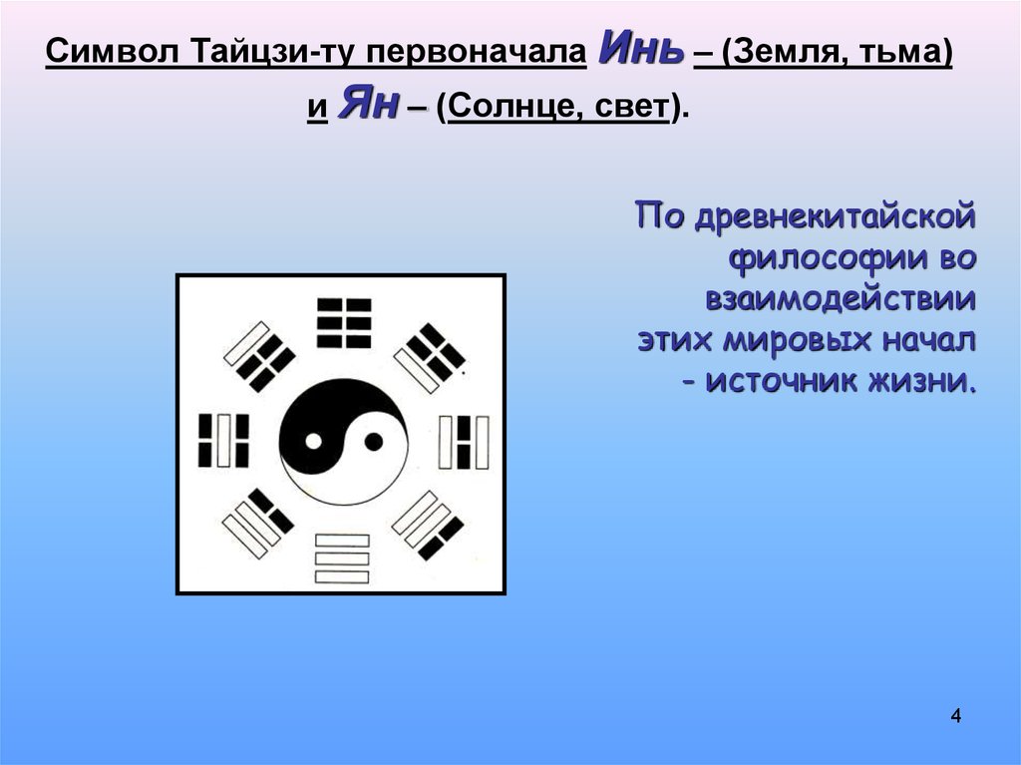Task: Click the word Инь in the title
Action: pyautogui.click(x=640, y=51)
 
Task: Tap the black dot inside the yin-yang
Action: pyautogui.click(x=372, y=440)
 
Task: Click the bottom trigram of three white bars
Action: pyautogui.click(x=342, y=559)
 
